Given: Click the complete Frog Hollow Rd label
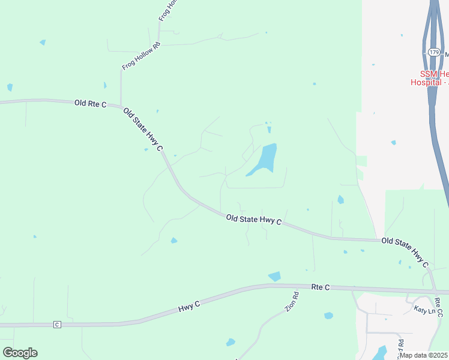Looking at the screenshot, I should click(141, 56).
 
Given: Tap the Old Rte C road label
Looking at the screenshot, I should click(90, 104).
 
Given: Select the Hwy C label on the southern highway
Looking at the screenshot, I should click(188, 305).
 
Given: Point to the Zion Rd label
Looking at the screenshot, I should click(292, 301).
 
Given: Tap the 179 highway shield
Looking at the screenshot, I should click(433, 53).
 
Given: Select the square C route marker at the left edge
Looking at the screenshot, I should click(57, 325).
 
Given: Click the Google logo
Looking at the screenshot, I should click(20, 353).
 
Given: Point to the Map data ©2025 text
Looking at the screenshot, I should click(423, 355).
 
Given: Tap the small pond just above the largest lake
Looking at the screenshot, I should click(268, 129).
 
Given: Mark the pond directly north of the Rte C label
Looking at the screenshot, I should click(274, 277).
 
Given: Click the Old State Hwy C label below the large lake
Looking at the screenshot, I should click(254, 220).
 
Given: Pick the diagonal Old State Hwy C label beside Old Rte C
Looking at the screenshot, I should click(143, 129).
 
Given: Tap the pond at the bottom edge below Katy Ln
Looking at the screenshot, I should click(379, 353).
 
